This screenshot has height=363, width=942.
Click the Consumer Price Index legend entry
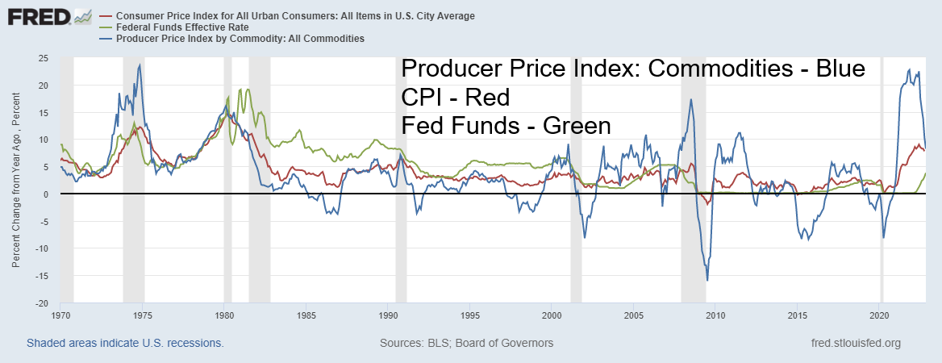tap(295, 15)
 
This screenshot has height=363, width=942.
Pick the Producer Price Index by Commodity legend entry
tap(241, 38)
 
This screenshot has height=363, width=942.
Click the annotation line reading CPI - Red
tap(455, 98)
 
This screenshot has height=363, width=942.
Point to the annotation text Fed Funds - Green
tap(506, 126)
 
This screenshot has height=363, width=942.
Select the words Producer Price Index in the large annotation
tap(516, 69)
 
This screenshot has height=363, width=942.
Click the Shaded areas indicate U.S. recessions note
tap(125, 343)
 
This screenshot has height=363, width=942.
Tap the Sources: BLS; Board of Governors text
tap(466, 343)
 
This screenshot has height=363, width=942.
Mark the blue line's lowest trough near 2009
tap(707, 280)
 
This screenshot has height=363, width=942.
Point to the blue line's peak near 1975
tap(140, 65)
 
